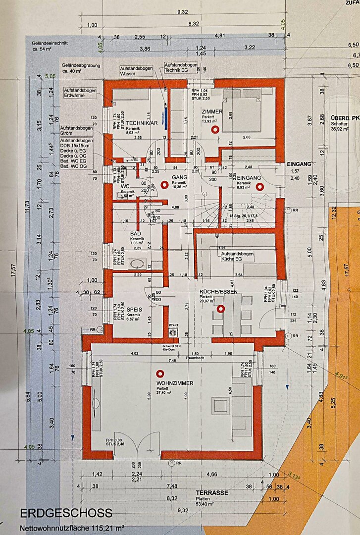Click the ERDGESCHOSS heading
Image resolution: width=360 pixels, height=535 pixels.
[66, 513]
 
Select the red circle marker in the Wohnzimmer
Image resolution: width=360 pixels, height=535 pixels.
[159, 374]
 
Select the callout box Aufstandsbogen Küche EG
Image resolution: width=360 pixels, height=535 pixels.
[237, 256]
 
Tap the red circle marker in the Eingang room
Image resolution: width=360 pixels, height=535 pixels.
[258, 187]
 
